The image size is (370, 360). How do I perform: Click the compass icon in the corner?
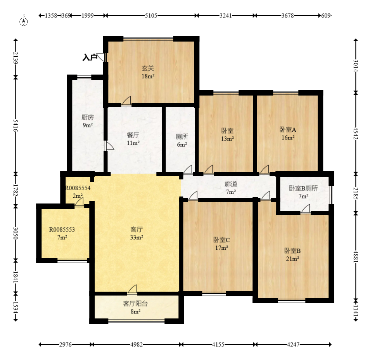[24, 21]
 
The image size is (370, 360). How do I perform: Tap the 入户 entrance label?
[90, 57]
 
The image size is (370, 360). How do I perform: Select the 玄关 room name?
[148, 68]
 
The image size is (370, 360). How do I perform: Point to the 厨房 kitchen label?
[88, 117]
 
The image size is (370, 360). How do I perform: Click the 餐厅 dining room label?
[133, 135]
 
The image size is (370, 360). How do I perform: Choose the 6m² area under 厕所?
[182, 144]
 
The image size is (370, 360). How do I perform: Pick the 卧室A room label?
[288, 129]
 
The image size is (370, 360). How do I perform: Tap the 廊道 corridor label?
[231, 184]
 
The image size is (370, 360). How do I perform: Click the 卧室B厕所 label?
[303, 188]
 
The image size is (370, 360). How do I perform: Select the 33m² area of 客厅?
[137, 237]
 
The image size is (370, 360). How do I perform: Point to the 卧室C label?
[221, 240]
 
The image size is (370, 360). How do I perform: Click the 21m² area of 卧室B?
[292, 259]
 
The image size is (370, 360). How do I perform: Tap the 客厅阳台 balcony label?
[135, 304]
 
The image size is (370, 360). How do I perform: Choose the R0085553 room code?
[62, 230]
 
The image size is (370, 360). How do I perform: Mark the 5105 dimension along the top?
[151, 16]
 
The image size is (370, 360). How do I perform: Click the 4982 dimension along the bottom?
[137, 344]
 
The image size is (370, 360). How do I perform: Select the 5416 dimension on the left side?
[16, 126]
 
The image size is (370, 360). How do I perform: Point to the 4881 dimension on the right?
[356, 256]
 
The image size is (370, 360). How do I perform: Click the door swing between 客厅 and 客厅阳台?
[133, 289]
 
